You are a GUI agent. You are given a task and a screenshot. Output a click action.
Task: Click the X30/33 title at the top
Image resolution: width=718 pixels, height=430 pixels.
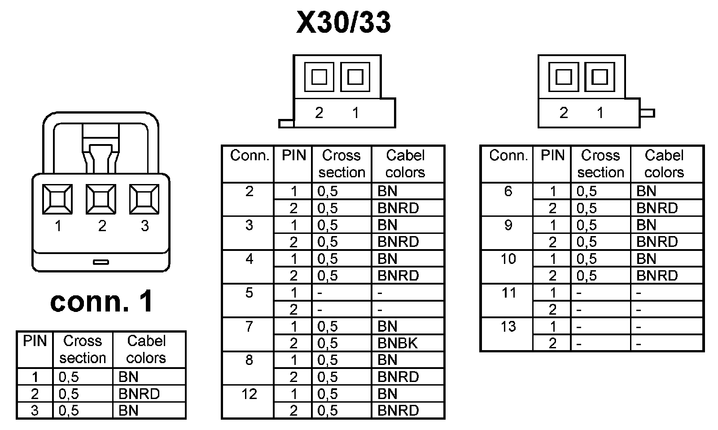coord(343,22)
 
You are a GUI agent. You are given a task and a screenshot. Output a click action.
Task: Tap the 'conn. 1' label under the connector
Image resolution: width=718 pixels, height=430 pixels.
coord(101,301)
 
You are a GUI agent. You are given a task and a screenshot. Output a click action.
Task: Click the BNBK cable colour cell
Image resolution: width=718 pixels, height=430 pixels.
coord(398,343)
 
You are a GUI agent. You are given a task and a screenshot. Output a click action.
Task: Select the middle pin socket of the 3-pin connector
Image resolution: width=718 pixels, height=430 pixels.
coord(101,199)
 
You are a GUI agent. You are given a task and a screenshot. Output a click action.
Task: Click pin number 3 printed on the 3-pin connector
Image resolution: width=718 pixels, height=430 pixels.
coord(144,226)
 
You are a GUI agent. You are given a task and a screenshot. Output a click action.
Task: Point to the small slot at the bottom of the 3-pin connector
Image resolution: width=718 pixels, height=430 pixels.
coord(101,262)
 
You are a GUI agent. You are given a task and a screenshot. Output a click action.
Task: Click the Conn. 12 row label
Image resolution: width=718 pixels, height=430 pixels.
coord(249,394)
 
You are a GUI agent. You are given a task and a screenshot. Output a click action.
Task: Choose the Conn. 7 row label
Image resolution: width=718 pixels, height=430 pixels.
coord(249,326)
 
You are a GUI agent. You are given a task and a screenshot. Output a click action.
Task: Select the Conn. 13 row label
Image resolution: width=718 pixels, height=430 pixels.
coord(508,326)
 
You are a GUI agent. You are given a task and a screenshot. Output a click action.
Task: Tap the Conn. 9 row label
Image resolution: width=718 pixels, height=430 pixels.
coord(508,225)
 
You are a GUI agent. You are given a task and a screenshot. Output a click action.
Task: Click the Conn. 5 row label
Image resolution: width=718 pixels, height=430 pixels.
coord(249,293)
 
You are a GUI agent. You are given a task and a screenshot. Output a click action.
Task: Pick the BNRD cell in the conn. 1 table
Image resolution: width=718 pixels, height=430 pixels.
coord(139,394)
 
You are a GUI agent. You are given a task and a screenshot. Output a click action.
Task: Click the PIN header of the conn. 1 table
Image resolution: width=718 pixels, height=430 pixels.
coord(35,341)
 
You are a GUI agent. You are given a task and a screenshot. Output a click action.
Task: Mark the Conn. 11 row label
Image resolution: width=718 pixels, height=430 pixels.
coord(508,293)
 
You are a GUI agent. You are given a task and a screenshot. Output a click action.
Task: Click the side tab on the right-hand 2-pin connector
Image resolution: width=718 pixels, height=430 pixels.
coord(647,113)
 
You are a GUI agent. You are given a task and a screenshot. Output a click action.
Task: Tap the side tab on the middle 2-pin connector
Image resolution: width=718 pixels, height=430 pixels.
coord(286,123)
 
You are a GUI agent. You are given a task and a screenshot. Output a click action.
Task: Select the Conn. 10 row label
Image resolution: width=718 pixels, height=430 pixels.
coord(508,259)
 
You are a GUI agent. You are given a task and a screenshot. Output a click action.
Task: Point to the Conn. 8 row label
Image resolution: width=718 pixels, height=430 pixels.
coord(249,360)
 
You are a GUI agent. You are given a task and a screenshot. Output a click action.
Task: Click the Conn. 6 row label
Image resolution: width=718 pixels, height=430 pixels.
coord(508,191)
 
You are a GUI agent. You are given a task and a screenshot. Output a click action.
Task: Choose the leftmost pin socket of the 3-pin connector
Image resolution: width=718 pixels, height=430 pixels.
coord(57,199)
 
